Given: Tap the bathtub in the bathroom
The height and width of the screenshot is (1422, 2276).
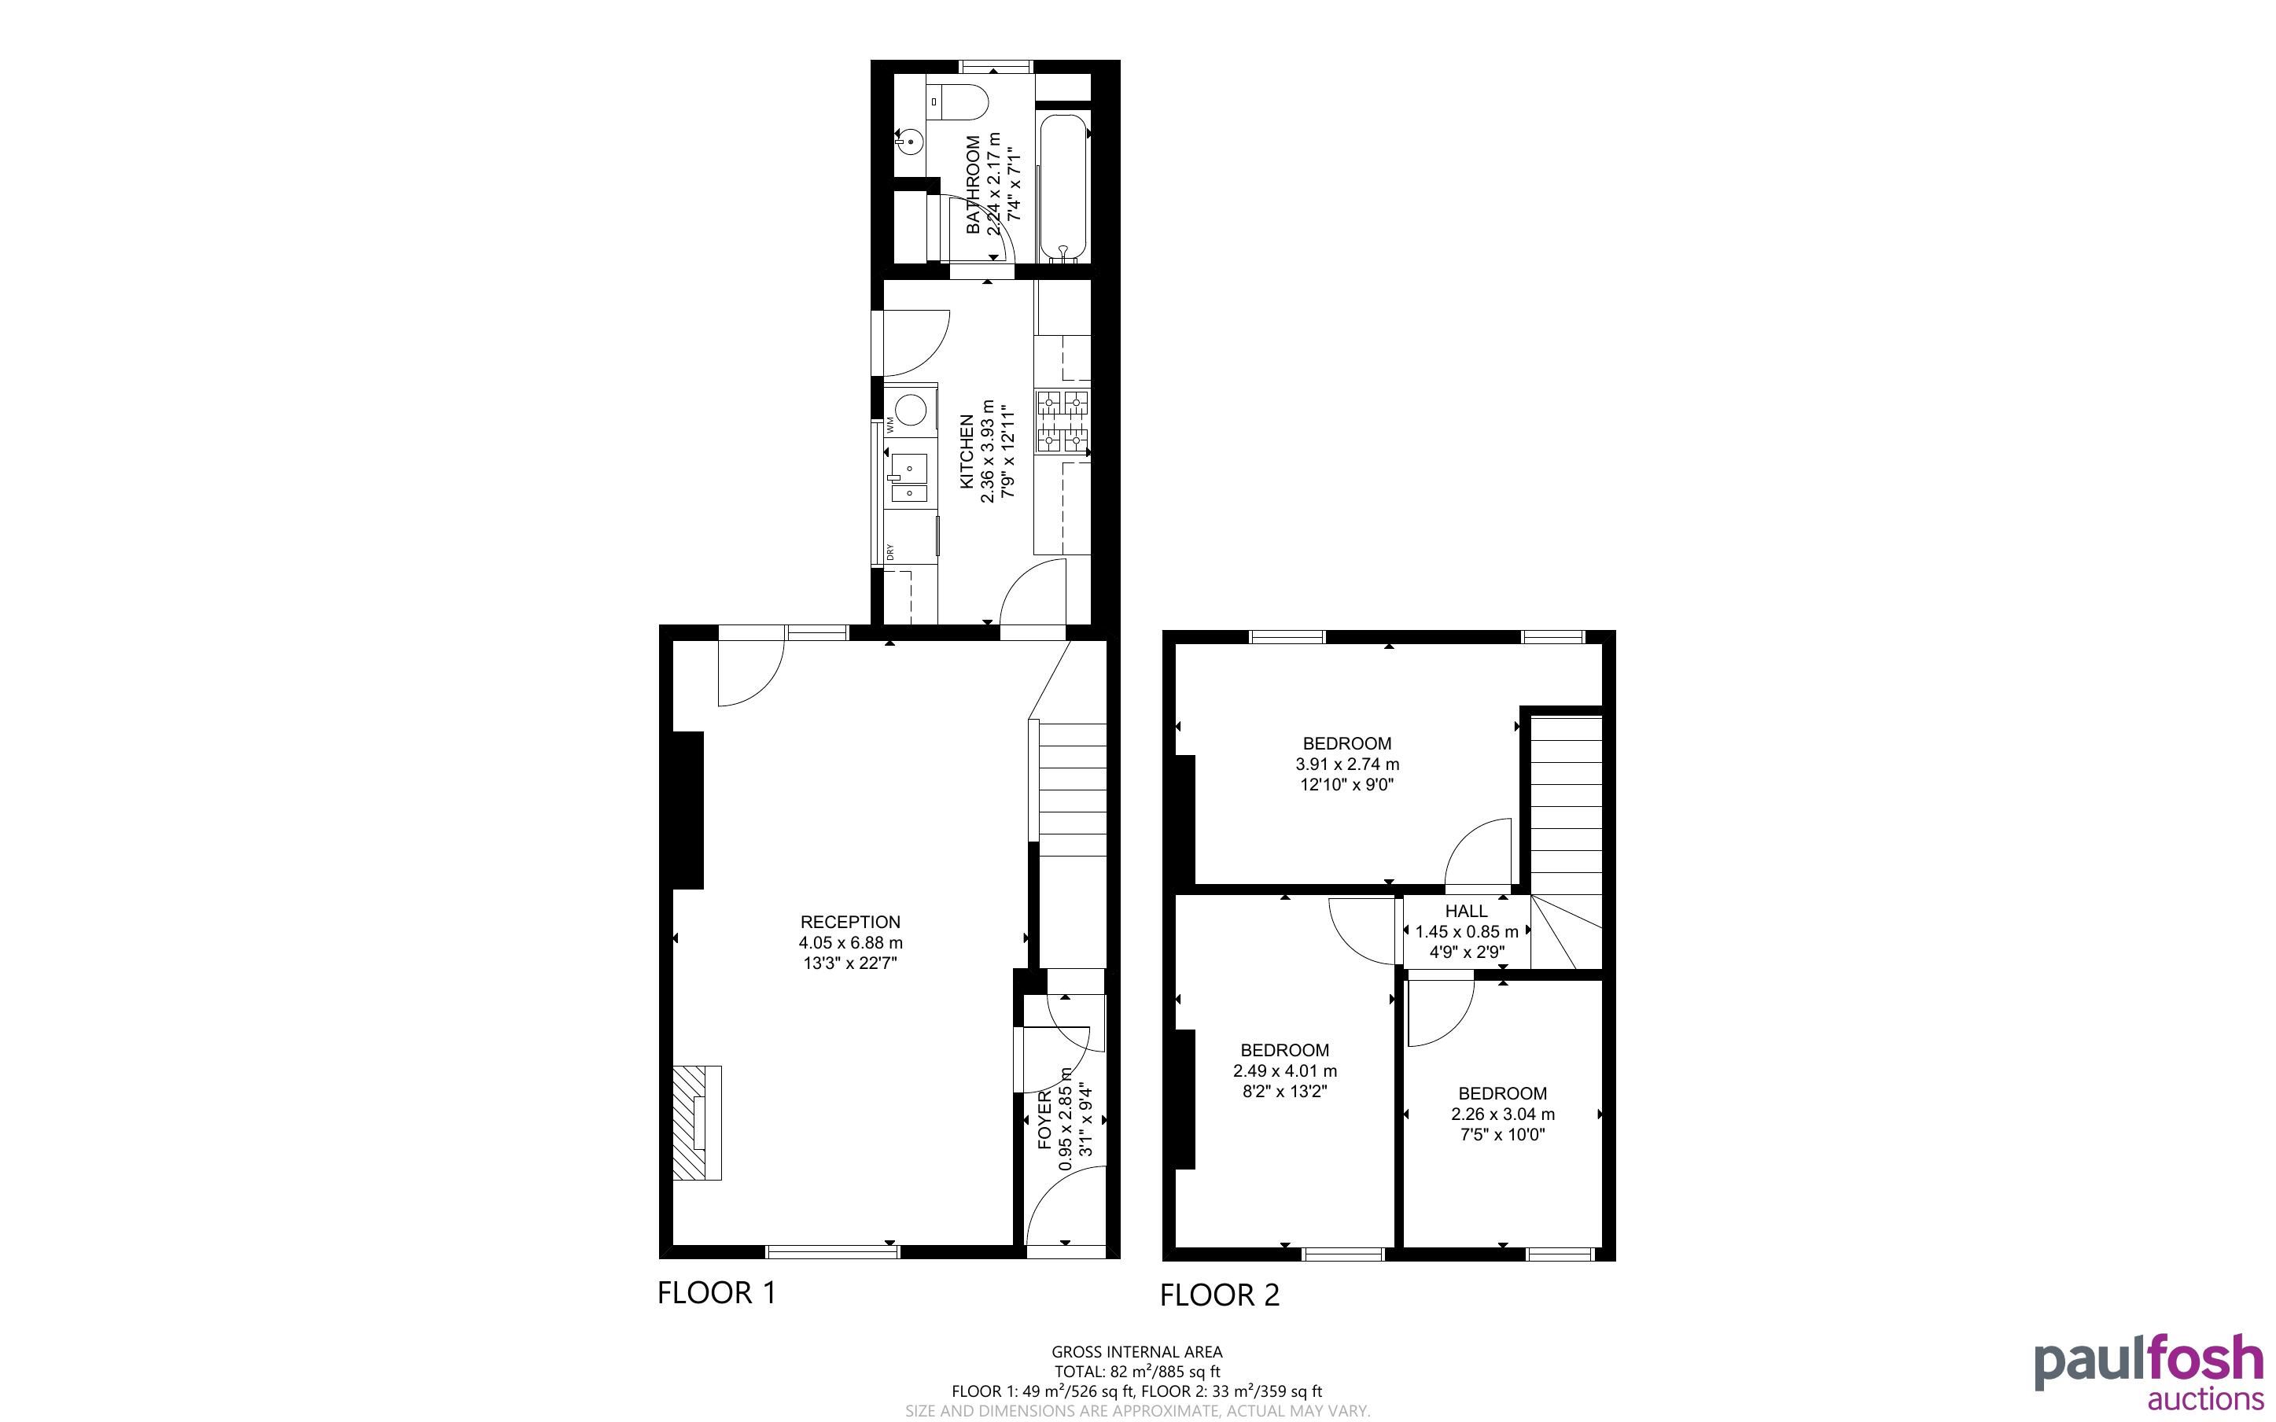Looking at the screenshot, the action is [1064, 188].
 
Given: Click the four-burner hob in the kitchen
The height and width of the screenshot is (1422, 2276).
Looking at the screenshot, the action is [1063, 421].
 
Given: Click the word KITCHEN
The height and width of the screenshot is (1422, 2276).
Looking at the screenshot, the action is [967, 452].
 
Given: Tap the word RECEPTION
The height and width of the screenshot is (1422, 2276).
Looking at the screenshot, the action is [850, 922].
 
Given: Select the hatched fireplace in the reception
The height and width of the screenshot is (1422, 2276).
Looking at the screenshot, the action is [697, 1122].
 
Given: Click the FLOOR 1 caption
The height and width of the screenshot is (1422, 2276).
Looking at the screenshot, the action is [717, 1293].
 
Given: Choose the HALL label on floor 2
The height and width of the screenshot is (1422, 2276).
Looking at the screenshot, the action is [1467, 912].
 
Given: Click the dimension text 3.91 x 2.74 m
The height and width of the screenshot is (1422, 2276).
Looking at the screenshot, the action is [1347, 764].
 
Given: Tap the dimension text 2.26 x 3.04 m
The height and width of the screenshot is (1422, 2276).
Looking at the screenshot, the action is [1502, 1114].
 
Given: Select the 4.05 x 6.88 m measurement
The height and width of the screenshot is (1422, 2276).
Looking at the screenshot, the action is [851, 942].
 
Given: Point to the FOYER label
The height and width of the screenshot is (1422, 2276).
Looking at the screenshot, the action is [1044, 1121].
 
